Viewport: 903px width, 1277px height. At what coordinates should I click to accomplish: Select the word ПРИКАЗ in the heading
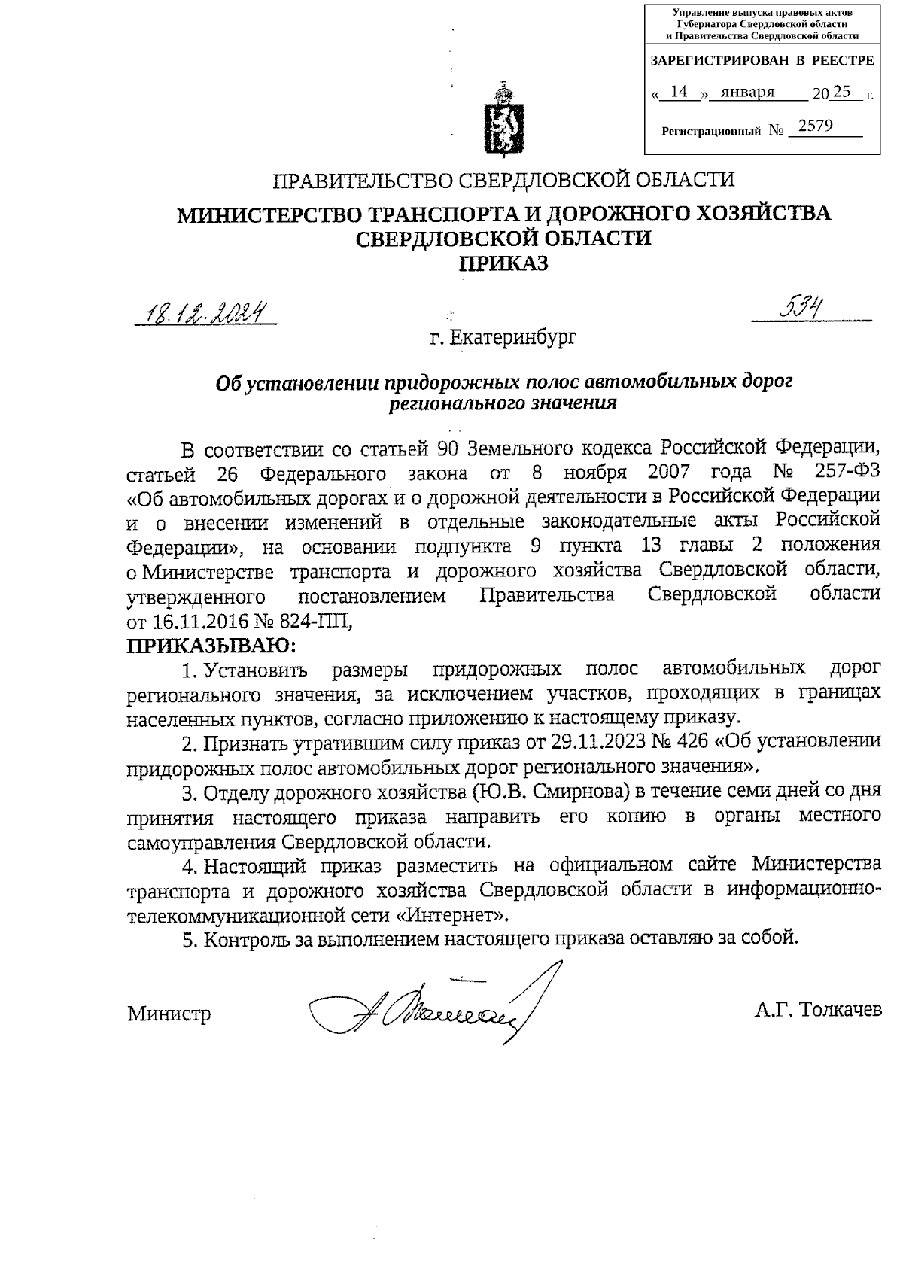click(503, 264)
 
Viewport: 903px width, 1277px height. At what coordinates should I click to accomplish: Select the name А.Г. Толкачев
click(817, 1009)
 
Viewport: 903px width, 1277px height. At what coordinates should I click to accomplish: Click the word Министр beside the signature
click(169, 1013)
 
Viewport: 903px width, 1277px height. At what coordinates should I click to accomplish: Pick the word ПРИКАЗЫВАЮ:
click(211, 646)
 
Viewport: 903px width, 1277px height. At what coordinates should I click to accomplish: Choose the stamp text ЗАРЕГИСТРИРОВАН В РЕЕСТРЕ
click(762, 60)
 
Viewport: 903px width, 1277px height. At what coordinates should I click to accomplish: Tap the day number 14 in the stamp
click(679, 92)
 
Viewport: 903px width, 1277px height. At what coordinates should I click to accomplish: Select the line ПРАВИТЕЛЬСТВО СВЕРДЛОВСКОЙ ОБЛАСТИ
click(503, 181)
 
